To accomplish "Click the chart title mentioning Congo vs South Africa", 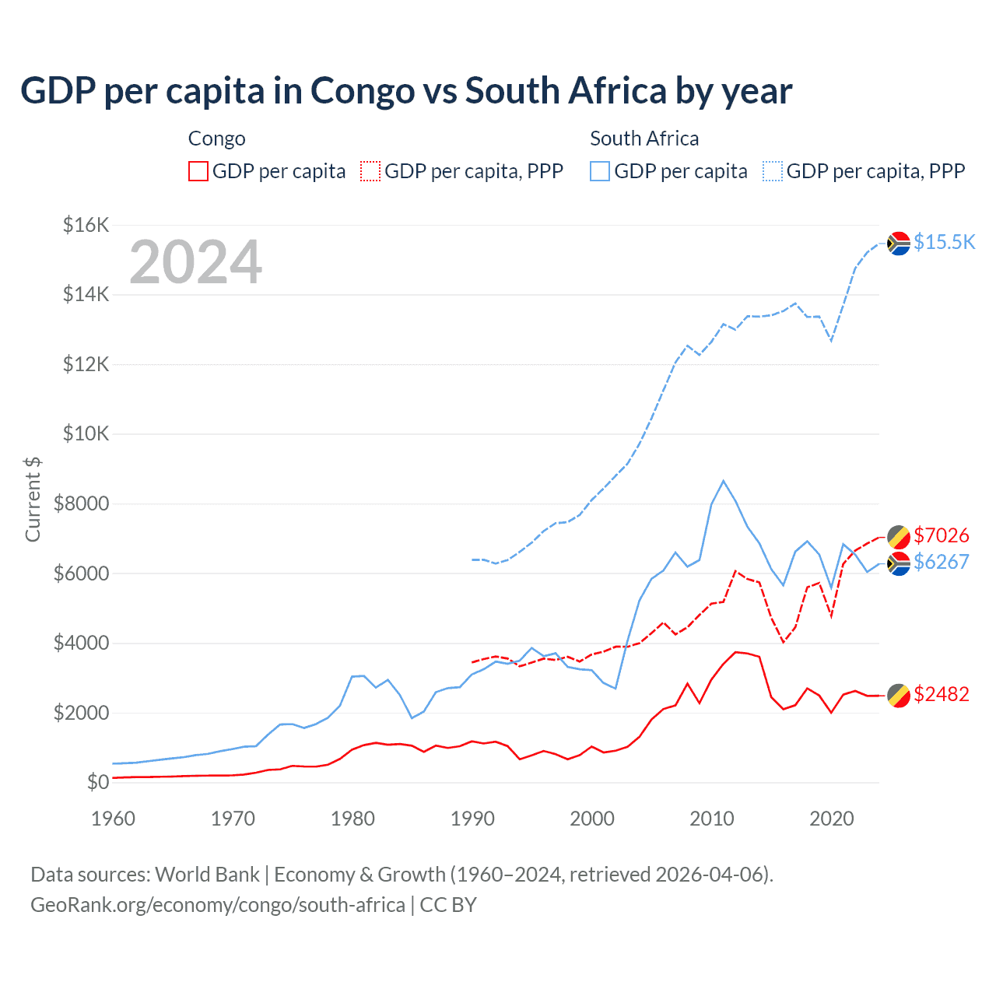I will click(405, 91).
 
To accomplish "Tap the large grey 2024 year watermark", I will click(195, 262).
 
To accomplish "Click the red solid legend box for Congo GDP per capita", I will click(198, 171).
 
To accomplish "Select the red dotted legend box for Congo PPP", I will click(370, 171).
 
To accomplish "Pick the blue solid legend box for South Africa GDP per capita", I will click(600, 171).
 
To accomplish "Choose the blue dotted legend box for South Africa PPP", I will click(773, 171).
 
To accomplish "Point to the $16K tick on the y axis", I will click(86, 225).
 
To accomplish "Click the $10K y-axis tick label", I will click(86, 433).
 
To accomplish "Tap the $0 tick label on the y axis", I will click(97, 782).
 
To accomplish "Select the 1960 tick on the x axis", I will click(114, 819).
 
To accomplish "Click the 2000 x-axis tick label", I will click(592, 819).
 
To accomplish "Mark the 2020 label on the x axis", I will click(832, 819).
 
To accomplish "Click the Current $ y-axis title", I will click(33, 499).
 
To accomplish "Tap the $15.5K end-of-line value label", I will click(944, 242).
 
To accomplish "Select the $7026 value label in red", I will click(941, 535).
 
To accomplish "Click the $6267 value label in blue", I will click(941, 562).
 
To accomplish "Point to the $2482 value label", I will click(941, 694).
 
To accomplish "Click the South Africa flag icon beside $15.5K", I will click(899, 244).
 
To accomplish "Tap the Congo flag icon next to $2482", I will click(899, 695).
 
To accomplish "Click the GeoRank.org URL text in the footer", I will click(218, 905).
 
